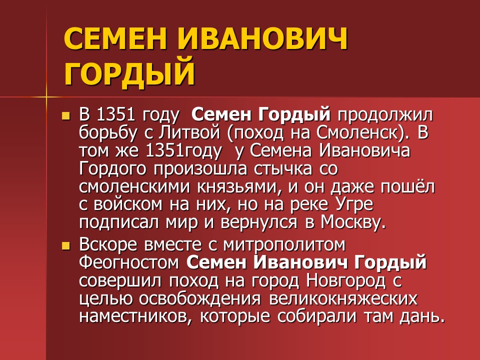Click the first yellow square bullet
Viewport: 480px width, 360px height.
(x=64, y=116)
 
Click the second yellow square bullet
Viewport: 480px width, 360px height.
(x=64, y=246)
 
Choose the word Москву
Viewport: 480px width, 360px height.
(x=353, y=222)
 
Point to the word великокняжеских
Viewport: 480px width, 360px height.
(x=343, y=298)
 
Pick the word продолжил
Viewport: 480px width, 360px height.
(x=384, y=115)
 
